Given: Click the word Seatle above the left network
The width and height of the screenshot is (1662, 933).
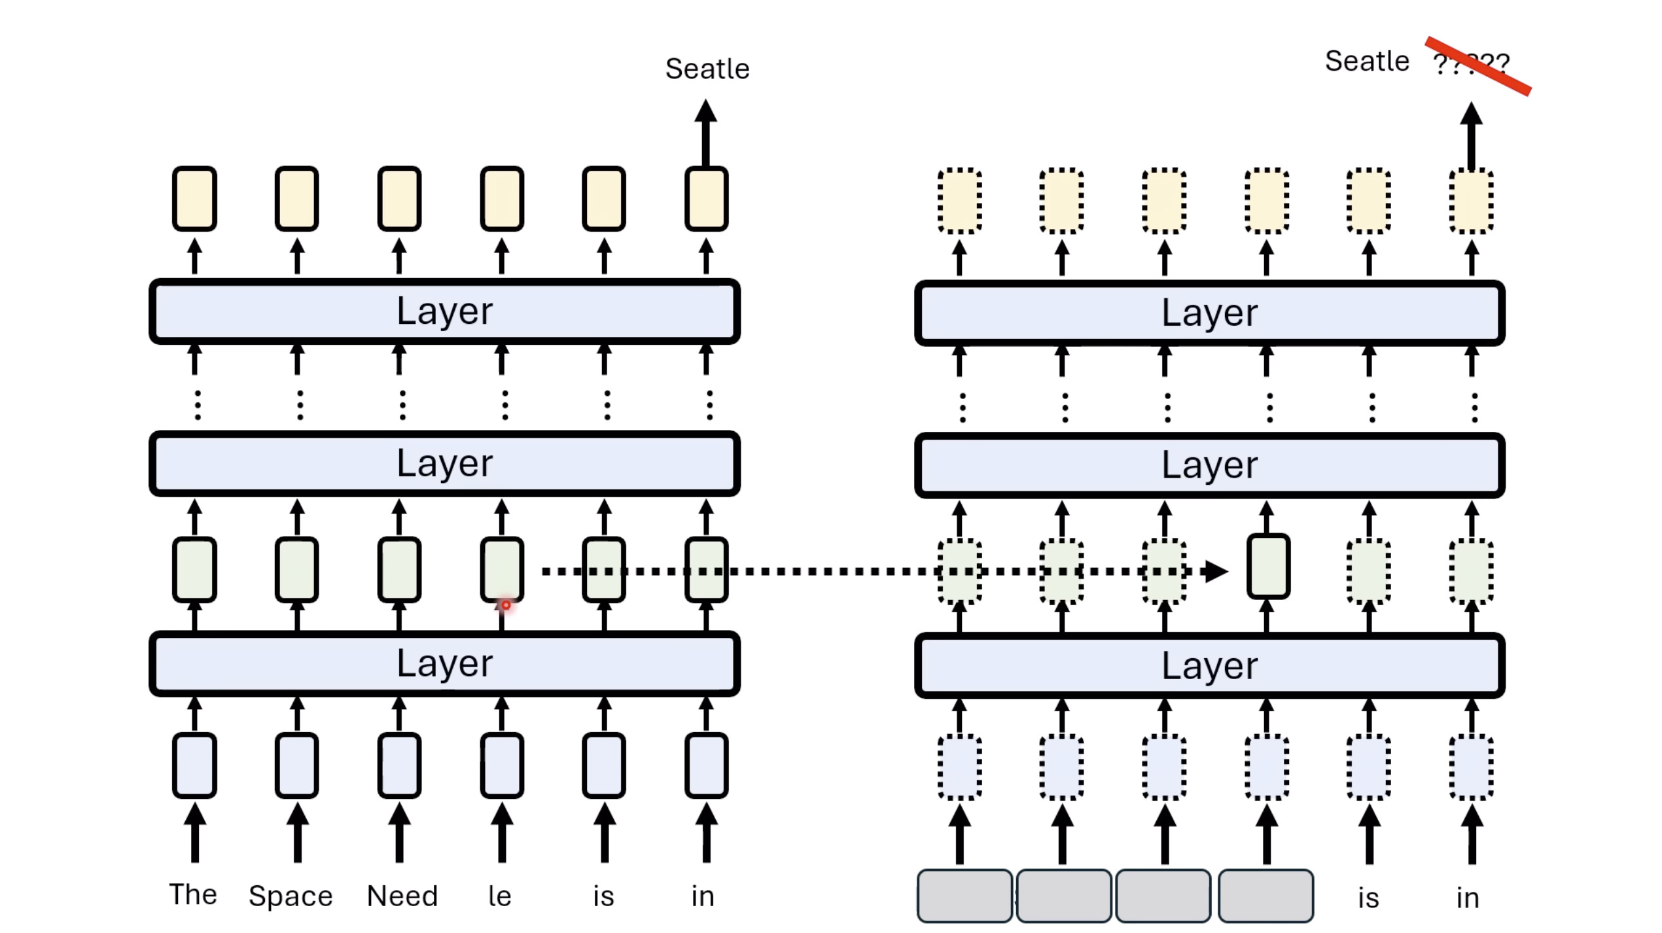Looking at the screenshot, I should [707, 69].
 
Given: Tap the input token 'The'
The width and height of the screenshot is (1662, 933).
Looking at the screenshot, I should [193, 894].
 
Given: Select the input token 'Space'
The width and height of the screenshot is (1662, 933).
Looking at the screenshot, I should [291, 896].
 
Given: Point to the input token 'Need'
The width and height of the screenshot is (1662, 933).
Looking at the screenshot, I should [402, 896].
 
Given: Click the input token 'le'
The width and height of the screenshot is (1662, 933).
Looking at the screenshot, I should [500, 896].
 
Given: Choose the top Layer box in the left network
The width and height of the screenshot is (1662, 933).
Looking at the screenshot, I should [445, 311].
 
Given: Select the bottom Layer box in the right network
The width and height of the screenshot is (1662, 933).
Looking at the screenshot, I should [1209, 665].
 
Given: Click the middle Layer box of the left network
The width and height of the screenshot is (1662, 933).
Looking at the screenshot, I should [445, 463].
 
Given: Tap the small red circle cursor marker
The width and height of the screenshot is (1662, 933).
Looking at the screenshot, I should [506, 605].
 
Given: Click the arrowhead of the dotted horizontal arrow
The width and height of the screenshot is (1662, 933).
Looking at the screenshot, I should [1216, 571].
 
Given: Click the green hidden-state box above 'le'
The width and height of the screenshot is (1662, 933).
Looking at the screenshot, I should [502, 568].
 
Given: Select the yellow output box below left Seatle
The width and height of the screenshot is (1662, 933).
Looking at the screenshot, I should [706, 199].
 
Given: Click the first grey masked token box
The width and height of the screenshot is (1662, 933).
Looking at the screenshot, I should [964, 896].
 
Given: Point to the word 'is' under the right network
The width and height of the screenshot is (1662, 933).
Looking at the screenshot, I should [1368, 898].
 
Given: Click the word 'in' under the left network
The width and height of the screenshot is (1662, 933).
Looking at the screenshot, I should [703, 896].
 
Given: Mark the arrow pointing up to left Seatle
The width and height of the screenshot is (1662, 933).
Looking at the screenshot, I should [705, 131].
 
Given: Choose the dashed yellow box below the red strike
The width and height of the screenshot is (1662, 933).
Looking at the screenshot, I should [1471, 201].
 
